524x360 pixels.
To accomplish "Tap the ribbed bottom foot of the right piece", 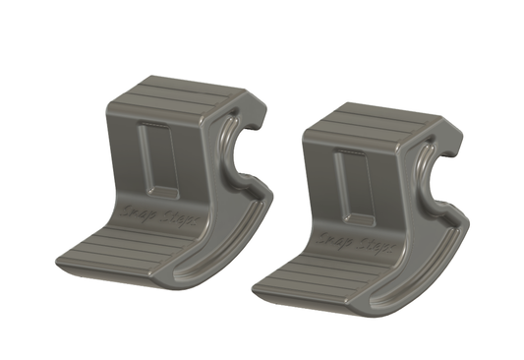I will tap(313, 272).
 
